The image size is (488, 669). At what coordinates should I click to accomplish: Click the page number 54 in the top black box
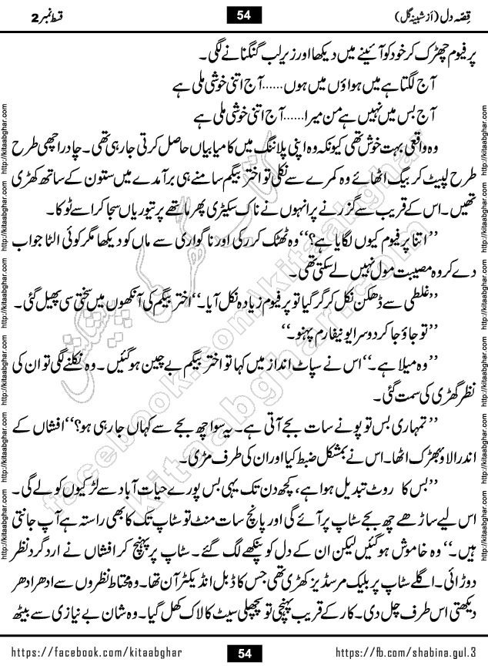(x=245, y=12)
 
